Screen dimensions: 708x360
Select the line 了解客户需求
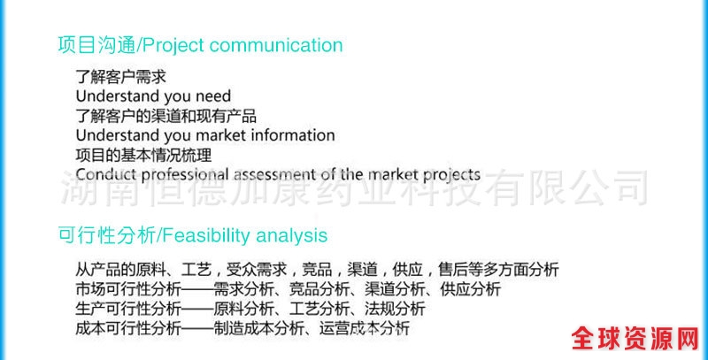point(121,77)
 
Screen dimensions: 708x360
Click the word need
point(213,96)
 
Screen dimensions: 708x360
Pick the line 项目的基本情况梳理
point(143,155)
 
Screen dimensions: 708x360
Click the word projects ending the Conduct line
point(451,175)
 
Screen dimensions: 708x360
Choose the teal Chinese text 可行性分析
point(106,235)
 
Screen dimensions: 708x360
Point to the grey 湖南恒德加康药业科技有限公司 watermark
point(354,188)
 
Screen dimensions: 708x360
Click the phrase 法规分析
point(395,309)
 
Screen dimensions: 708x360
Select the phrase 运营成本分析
point(365,328)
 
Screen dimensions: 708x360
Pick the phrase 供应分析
point(471,289)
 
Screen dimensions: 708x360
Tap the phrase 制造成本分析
point(258,328)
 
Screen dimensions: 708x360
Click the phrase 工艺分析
point(319,309)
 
